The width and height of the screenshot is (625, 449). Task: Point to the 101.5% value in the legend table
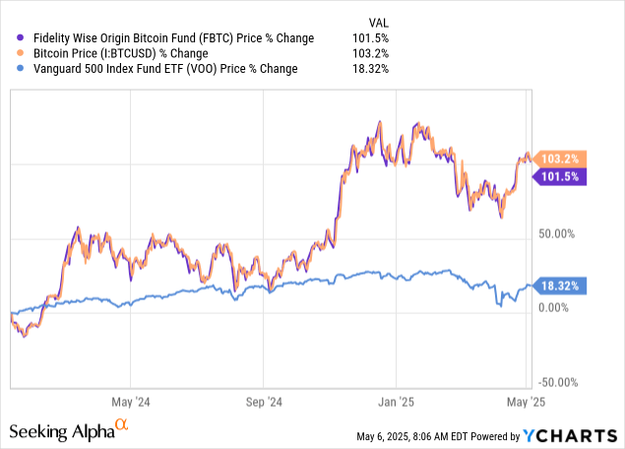[371, 38]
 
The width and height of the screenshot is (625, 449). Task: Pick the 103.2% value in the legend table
[371, 53]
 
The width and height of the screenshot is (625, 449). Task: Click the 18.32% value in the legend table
[371, 69]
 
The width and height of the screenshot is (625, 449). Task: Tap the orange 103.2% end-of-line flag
[561, 159]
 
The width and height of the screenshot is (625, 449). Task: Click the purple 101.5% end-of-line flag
[561, 176]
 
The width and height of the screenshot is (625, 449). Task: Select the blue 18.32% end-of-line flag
[561, 286]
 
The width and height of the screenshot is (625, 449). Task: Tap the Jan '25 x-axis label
[396, 402]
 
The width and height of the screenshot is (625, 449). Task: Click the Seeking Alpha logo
[69, 431]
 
